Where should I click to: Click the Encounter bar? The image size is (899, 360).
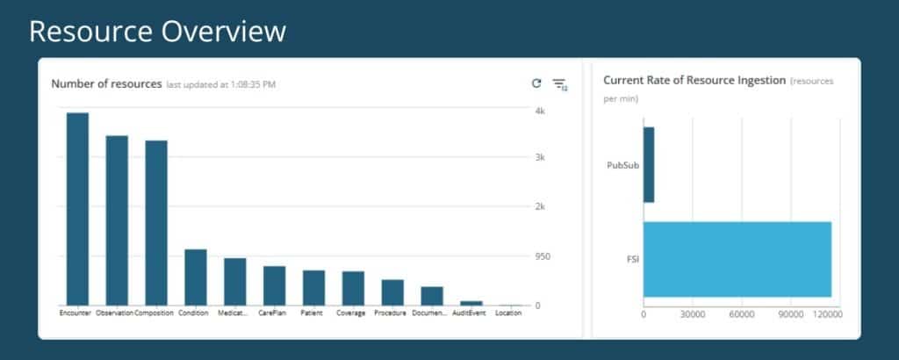point(77,209)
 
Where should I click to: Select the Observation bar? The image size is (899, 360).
point(117,220)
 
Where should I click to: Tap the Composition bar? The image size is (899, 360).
point(156,223)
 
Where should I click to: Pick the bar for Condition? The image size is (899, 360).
point(196,277)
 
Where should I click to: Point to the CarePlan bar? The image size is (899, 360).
point(274,285)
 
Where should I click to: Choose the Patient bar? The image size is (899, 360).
point(313,288)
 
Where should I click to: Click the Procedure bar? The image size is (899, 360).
point(392,292)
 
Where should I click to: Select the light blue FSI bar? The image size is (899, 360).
point(737,259)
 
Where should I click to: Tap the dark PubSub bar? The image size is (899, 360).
point(649,164)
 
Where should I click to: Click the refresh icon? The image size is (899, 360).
point(536,83)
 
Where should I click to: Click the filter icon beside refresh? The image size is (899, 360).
point(559,85)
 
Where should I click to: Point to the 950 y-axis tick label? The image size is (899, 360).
point(543,256)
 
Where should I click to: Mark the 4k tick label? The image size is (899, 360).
point(540,111)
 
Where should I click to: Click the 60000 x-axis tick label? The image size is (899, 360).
point(742,314)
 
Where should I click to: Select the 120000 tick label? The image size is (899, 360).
point(829,314)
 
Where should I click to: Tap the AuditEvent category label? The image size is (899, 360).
point(469,313)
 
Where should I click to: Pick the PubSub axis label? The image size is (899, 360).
point(623,165)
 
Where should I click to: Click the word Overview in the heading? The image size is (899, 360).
point(223,32)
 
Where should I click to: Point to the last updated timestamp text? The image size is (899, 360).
point(220,85)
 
